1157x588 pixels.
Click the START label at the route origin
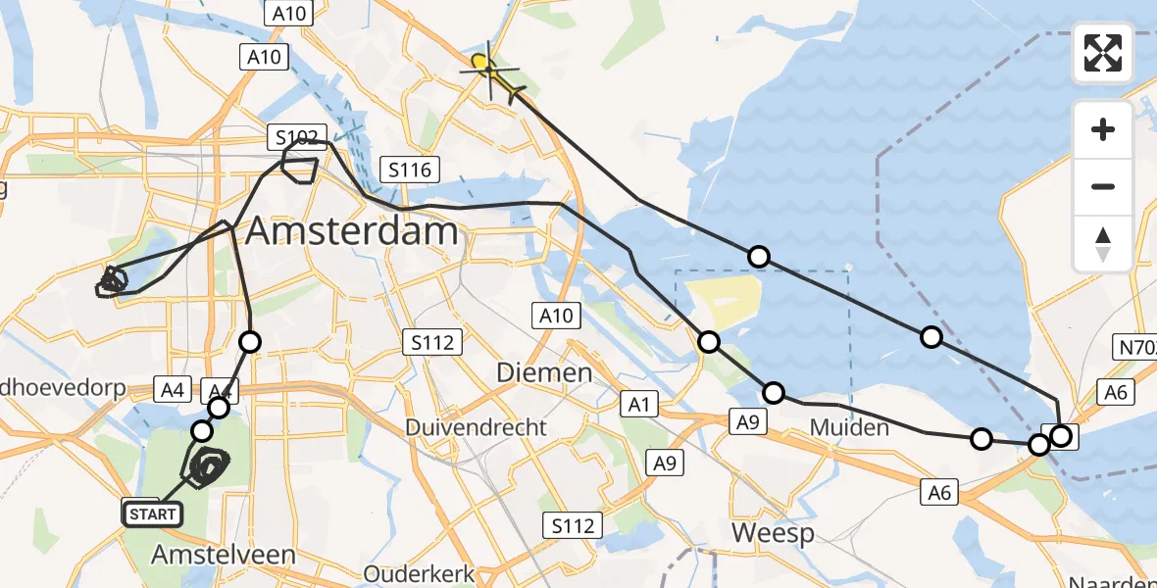[x=152, y=514]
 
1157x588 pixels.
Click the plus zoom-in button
[x=1103, y=129]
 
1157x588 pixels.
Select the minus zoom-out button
[x=1103, y=186]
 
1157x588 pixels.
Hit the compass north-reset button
[x=1103, y=244]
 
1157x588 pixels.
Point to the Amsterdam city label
[x=352, y=232]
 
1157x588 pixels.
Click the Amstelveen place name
[x=224, y=555]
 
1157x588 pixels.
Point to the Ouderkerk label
[x=419, y=573]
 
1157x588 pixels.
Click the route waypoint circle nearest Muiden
[x=774, y=393]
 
